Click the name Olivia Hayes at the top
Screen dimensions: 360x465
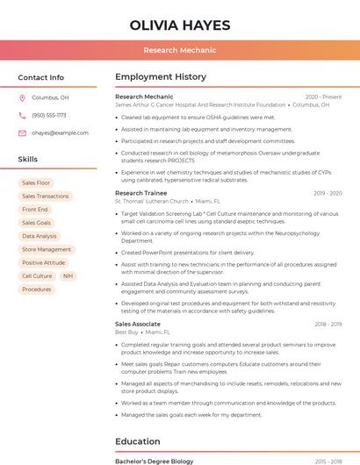[x=179, y=25]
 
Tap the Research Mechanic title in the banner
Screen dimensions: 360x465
[x=179, y=50]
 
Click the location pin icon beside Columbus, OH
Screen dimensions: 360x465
[x=22, y=98]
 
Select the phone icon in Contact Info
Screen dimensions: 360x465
[x=22, y=115]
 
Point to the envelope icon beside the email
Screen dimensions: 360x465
[x=22, y=133]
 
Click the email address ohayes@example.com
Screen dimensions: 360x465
[x=61, y=133]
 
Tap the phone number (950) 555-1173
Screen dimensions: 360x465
[x=49, y=115]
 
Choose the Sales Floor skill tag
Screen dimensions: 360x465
[x=36, y=182]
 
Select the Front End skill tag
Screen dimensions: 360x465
[x=35, y=210]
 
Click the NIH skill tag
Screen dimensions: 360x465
[x=68, y=276]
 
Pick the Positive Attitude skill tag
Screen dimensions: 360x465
[x=44, y=263]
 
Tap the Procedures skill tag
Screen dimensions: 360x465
[x=37, y=290]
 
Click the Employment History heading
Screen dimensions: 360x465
[x=161, y=77]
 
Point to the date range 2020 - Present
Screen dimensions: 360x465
[x=323, y=97]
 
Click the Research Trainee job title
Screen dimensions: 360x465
[x=140, y=193]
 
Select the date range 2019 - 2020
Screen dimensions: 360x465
[x=327, y=193]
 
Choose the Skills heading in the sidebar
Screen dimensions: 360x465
[x=28, y=160]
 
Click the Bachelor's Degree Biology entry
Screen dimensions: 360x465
[x=155, y=461]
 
